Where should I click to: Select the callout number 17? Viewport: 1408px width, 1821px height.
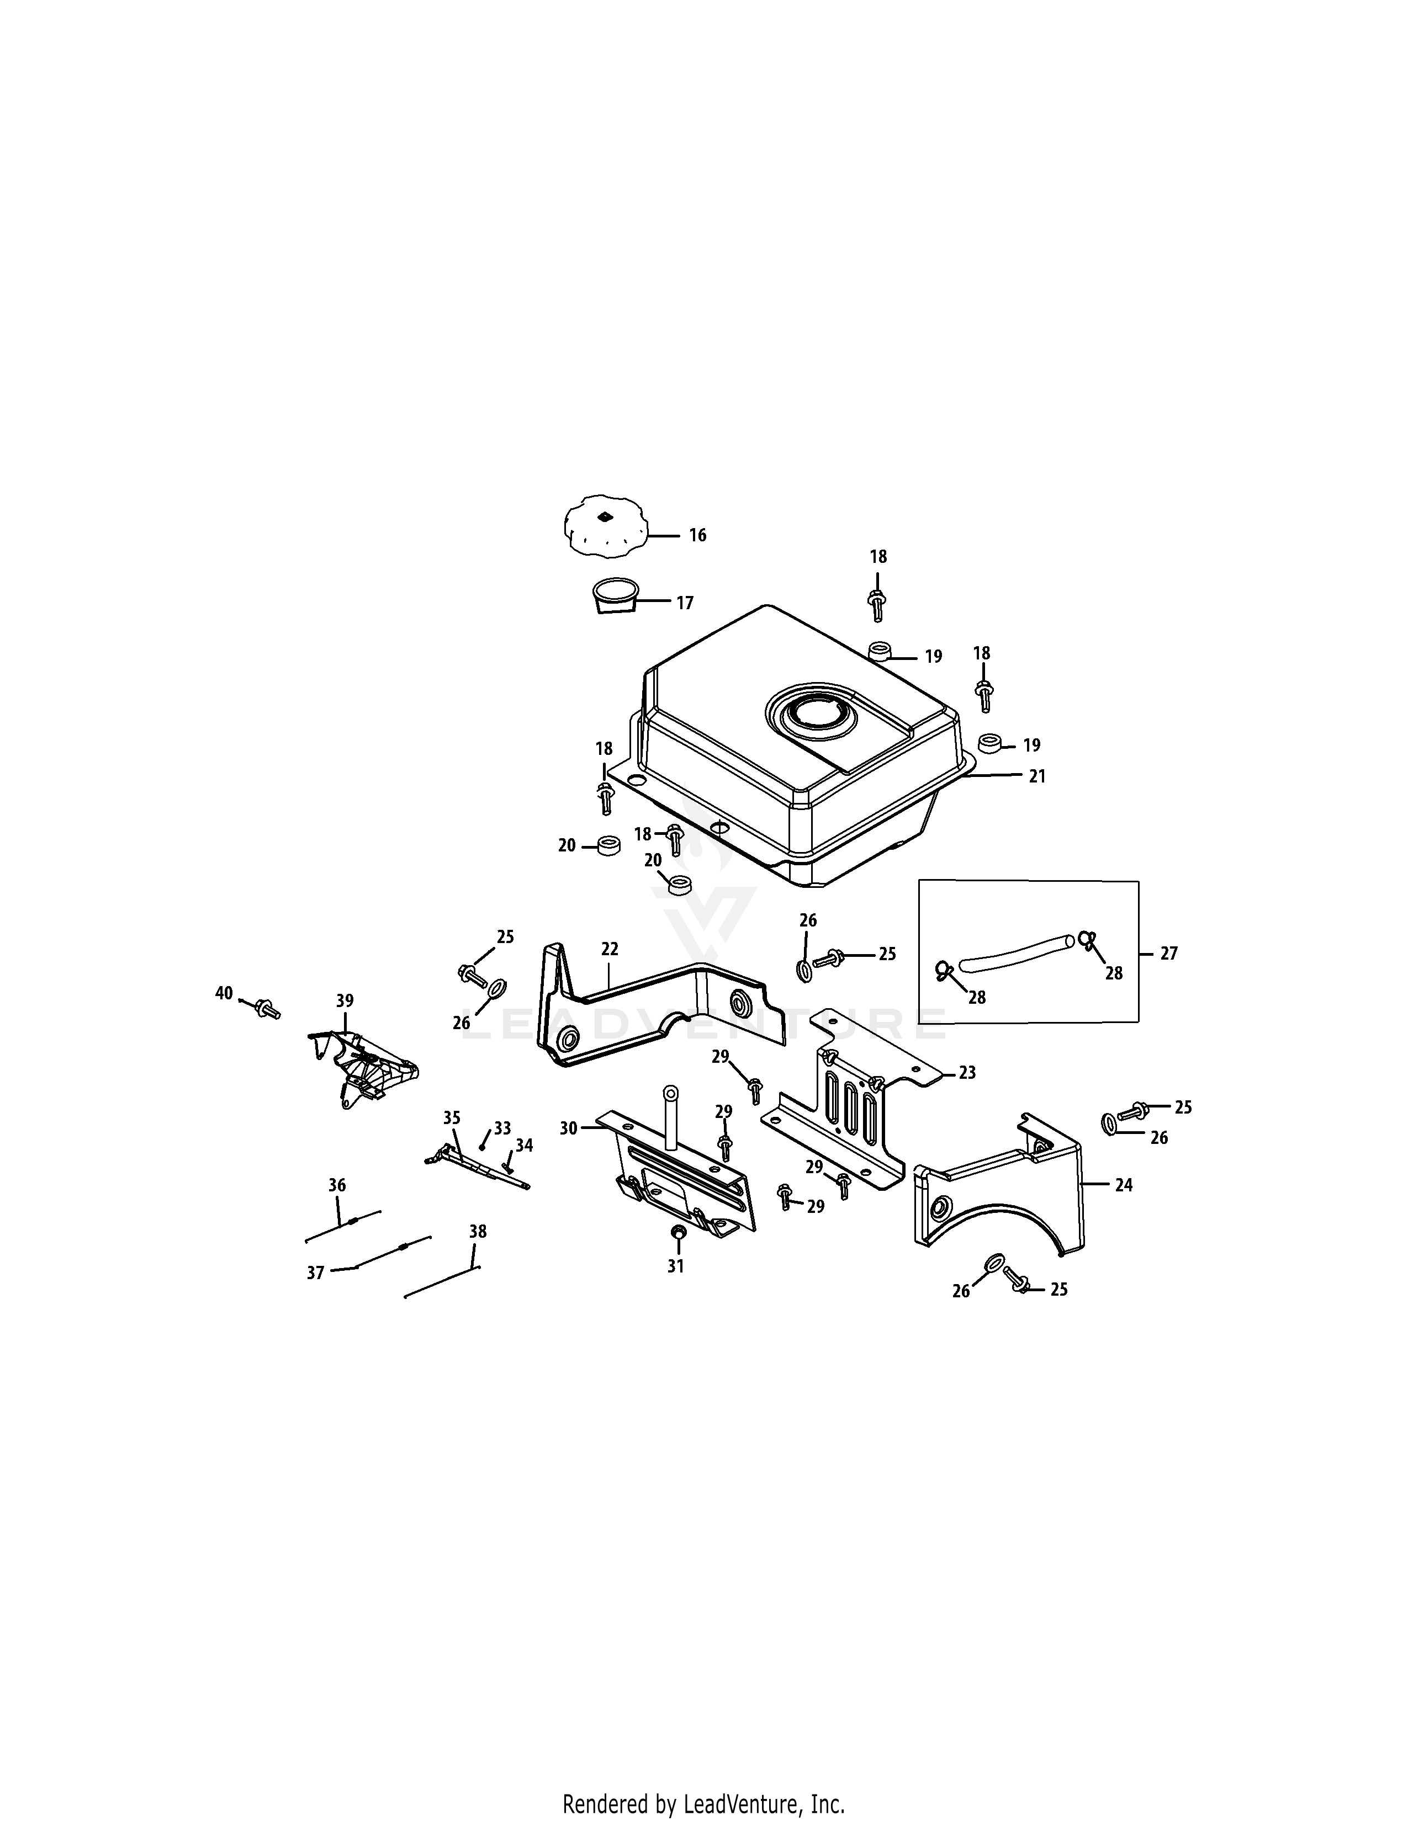[685, 603]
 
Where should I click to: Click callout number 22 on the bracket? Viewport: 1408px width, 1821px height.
[610, 949]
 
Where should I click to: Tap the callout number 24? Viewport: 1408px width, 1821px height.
[1124, 1185]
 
